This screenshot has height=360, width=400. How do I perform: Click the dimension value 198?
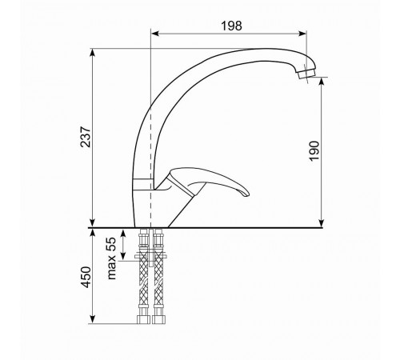pos(231,26)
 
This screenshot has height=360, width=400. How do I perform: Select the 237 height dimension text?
pos(86,137)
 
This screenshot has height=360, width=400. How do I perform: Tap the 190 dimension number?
pos(314,151)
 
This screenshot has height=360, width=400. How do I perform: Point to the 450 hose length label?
pos(86,278)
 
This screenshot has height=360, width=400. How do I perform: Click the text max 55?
pos(112,258)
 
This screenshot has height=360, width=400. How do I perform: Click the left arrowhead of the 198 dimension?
pos(155,34)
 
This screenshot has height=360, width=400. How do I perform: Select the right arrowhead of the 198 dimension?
pos(302,34)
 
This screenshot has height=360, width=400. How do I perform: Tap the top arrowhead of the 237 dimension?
pos(92,53)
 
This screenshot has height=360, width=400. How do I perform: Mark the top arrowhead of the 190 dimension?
pos(322,82)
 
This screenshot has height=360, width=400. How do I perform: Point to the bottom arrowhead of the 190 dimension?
pos(322,223)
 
